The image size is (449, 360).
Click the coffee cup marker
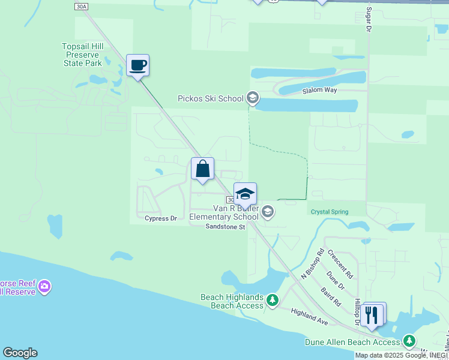pyautogui.click(x=137, y=65)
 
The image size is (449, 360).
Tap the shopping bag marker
pyautogui.click(x=203, y=169)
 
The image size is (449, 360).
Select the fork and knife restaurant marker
pyautogui.click(x=372, y=314)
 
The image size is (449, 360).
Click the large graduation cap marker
pyautogui.click(x=245, y=194)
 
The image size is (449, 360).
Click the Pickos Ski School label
pyautogui.click(x=210, y=98)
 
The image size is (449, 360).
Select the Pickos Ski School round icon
pyautogui.click(x=253, y=98)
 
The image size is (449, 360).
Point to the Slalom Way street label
pyautogui.click(x=321, y=90)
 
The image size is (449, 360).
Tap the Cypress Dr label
pyautogui.click(x=161, y=218)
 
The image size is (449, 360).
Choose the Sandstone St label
pyautogui.click(x=226, y=227)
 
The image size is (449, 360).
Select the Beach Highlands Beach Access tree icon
pyautogui.click(x=273, y=299)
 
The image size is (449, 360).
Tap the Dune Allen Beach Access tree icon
pyautogui.click(x=410, y=341)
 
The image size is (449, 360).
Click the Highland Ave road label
pyautogui.click(x=310, y=317)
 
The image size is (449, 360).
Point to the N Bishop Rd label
pyautogui.click(x=312, y=264)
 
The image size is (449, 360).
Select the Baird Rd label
pyautogui.click(x=331, y=296)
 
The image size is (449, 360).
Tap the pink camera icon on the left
pyautogui.click(x=44, y=287)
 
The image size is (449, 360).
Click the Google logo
pyautogui.click(x=20, y=353)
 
